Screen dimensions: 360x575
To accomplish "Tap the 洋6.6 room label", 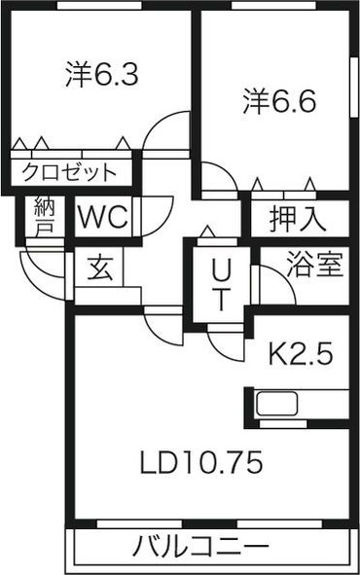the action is pos(277,100).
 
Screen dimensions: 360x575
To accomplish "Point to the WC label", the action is pos(102,217).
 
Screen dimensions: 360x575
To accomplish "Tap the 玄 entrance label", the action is pos(99,267).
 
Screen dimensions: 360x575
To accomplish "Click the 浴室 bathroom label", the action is pos(313,266).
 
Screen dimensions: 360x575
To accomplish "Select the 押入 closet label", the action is pos(297,218).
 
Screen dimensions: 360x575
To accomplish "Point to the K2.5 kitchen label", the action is pos(301,353).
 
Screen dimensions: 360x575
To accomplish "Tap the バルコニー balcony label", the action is pos(201,547).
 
